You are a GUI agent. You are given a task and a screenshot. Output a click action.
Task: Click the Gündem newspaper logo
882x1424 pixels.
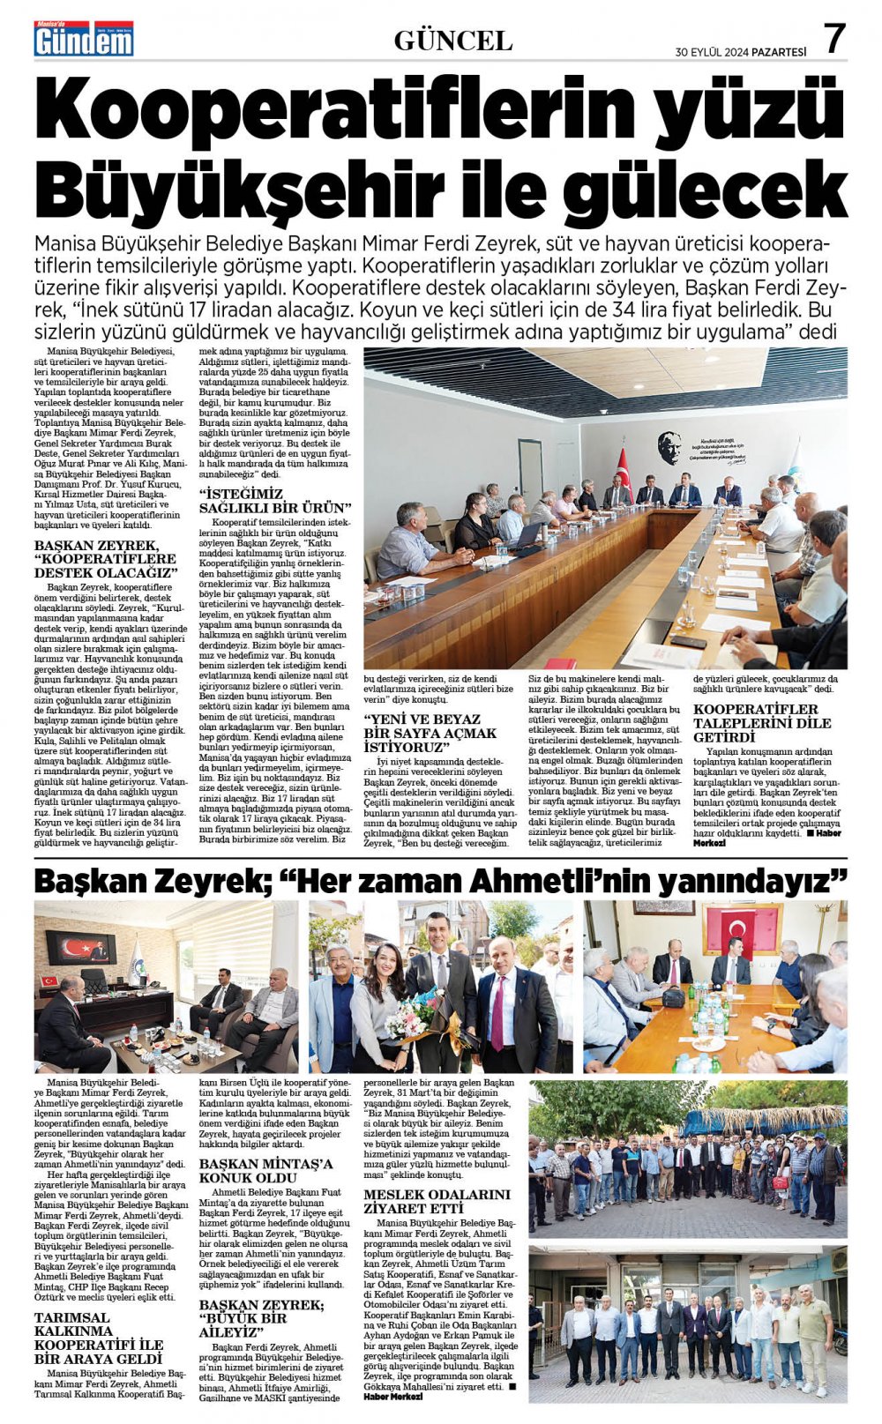point(84,40)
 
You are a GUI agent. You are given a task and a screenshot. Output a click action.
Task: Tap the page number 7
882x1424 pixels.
point(833,39)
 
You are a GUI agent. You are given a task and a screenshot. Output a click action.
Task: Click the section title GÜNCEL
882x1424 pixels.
point(452,41)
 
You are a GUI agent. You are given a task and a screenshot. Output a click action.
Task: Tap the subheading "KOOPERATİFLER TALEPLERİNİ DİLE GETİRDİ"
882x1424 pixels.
point(762,723)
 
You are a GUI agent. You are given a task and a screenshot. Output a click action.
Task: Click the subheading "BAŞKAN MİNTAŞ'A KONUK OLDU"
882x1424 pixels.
point(266,1170)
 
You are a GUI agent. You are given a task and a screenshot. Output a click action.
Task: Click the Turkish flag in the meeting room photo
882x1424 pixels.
point(624,470)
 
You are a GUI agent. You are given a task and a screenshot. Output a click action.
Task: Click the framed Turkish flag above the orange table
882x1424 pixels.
point(741,927)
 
